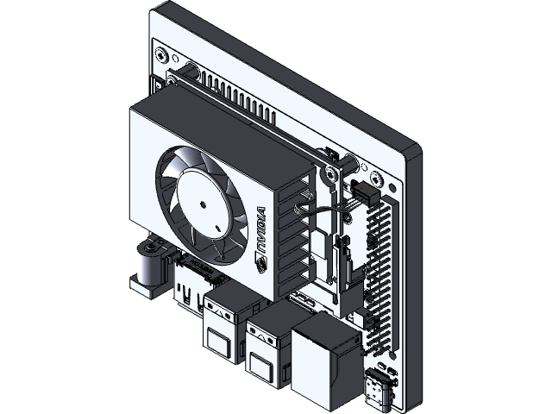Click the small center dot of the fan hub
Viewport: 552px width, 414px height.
201,204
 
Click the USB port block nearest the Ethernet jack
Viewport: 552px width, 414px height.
268,345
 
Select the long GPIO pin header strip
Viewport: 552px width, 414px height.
377,267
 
